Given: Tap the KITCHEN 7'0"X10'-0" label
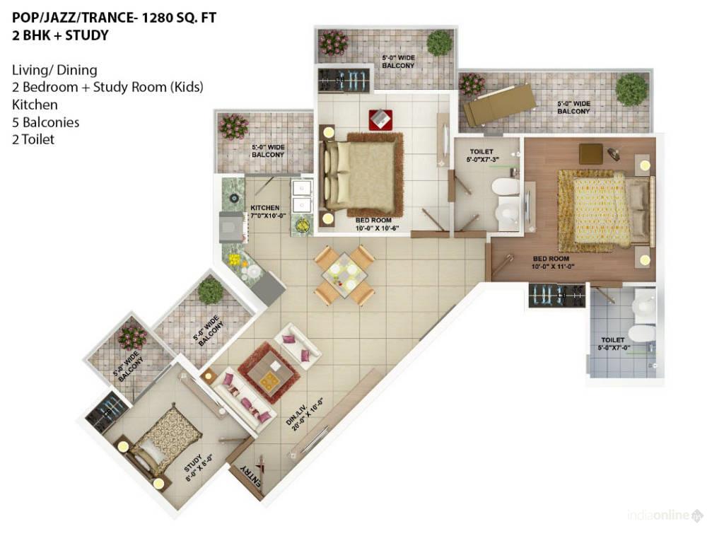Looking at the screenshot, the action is (x=268, y=212).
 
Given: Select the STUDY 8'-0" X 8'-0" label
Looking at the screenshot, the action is (x=199, y=467).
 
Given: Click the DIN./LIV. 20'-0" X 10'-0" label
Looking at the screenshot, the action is (x=305, y=414).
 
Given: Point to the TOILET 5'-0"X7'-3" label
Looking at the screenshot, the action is (x=482, y=156).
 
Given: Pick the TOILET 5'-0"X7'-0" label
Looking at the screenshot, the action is (x=614, y=344).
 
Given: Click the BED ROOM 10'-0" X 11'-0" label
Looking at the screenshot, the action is (x=552, y=262).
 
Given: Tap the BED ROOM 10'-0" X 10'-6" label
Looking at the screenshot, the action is (x=377, y=224).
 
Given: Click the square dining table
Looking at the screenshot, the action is (x=344, y=276).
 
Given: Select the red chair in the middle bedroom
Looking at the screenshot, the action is (x=380, y=120).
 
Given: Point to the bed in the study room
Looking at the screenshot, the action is (x=165, y=441).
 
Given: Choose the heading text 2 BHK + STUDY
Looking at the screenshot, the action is (x=60, y=35).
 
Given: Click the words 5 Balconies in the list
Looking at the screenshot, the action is (x=45, y=122).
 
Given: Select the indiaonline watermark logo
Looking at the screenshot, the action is (x=665, y=515).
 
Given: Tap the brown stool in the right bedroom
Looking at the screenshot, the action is (x=590, y=153).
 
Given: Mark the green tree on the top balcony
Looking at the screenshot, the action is (x=439, y=43).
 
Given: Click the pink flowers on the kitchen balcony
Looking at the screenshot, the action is (x=233, y=127).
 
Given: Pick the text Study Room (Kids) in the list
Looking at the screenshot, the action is (x=148, y=87).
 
